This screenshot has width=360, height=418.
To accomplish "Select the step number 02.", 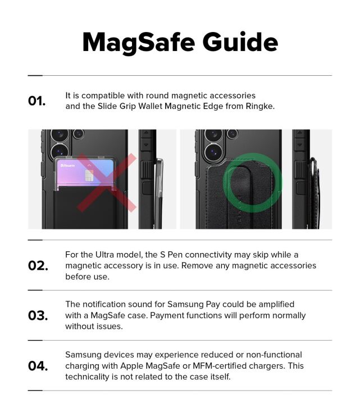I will pos(38,265).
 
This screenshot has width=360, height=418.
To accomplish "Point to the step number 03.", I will pos(38,315).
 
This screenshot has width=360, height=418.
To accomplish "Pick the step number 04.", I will pos(38,366).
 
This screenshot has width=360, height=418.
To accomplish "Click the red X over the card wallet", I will pos(106,183).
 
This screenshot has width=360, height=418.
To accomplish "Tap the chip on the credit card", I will pos(88,176).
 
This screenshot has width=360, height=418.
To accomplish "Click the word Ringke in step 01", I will pos(260,106).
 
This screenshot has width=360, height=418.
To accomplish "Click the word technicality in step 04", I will pos(91,376).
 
